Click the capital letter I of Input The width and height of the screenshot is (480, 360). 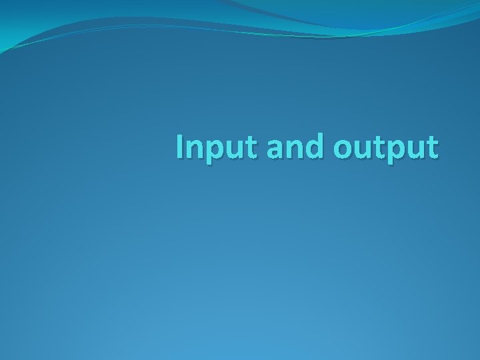pyautogui.click(x=181, y=147)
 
